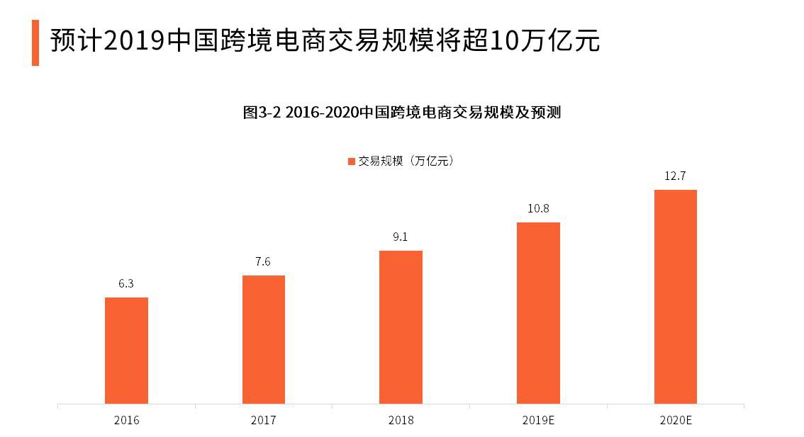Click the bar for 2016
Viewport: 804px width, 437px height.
[x=126, y=351]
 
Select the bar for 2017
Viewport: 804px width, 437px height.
[x=264, y=339]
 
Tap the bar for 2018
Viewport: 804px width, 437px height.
[x=401, y=327]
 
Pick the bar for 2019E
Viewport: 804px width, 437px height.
[x=538, y=313]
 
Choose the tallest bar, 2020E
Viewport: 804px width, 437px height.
[x=675, y=297]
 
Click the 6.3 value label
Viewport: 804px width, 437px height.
[x=126, y=283]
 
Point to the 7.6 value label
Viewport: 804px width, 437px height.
[x=264, y=262]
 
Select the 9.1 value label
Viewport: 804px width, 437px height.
[x=401, y=237]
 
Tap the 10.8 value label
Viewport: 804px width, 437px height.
[x=537, y=209]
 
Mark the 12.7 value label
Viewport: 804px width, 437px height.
[x=675, y=176]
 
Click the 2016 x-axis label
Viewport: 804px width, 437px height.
[x=126, y=420]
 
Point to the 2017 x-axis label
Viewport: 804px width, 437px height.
[x=264, y=420]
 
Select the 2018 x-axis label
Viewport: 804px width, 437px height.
[x=401, y=420]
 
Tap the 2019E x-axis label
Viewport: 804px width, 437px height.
[x=538, y=420]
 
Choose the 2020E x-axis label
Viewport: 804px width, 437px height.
[x=675, y=420]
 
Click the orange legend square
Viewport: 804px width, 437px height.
[x=351, y=161]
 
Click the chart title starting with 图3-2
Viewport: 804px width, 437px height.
[x=402, y=113]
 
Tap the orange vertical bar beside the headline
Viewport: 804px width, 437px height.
[x=35, y=42]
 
